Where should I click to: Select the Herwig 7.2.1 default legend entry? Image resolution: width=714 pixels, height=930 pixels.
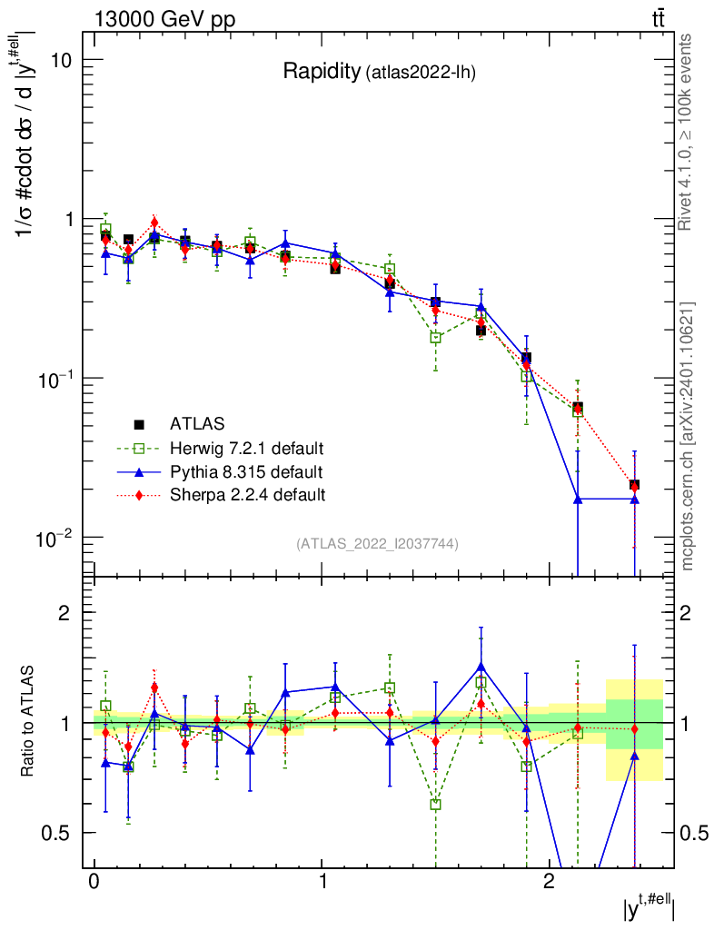[247, 448]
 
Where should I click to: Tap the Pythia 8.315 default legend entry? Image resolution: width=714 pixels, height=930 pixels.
[244, 471]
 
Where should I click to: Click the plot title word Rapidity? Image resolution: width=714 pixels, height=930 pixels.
[322, 72]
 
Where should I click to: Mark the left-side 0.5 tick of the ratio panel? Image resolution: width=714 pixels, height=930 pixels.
[56, 833]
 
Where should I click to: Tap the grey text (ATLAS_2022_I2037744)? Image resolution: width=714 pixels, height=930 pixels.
[377, 544]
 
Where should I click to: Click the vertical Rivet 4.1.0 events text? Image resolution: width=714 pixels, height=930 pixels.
[687, 132]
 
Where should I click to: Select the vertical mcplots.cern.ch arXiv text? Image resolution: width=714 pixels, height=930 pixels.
[687, 436]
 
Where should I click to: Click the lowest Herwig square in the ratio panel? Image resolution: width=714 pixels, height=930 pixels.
[436, 805]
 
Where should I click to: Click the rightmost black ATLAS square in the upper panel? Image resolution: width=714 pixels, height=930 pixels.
[634, 485]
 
